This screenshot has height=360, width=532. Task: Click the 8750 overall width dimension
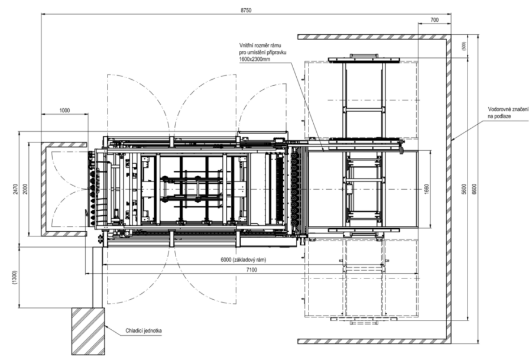(x=246, y=10)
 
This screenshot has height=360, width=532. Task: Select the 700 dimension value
(x=434, y=20)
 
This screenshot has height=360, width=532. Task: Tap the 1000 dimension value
(x=64, y=111)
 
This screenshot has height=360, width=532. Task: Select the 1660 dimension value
(x=426, y=189)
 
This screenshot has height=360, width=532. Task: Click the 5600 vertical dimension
(x=465, y=189)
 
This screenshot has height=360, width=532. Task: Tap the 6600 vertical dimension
(x=474, y=189)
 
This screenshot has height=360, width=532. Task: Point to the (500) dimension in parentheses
(x=464, y=46)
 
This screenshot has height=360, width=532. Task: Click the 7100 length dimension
(x=251, y=270)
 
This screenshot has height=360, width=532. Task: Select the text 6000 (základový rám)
(x=244, y=260)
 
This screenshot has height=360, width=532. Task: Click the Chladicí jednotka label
(x=144, y=330)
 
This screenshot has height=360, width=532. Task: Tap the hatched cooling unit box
(x=88, y=331)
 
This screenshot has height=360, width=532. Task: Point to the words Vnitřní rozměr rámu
(x=260, y=45)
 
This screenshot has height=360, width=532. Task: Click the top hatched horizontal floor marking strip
(x=372, y=37)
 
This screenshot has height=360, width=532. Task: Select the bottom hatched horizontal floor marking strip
(x=372, y=341)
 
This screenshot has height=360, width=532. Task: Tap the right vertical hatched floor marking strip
(x=449, y=189)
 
